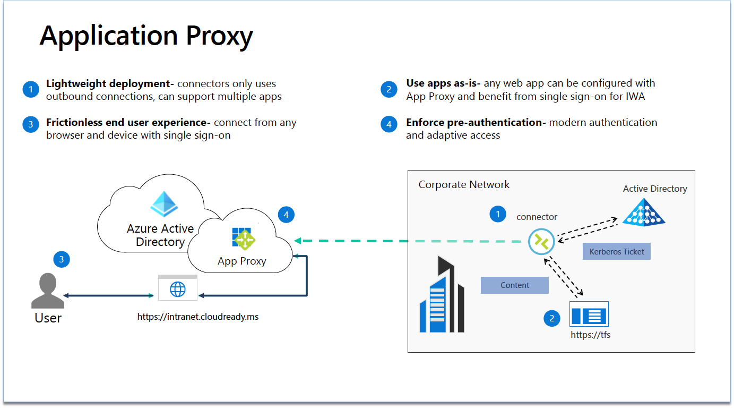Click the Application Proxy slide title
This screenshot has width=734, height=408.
pyautogui.click(x=146, y=36)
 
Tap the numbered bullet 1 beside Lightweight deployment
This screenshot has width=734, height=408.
pyautogui.click(x=31, y=90)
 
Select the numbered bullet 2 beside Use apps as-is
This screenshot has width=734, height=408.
pyautogui.click(x=389, y=90)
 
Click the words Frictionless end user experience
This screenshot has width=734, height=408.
pyautogui.click(x=128, y=123)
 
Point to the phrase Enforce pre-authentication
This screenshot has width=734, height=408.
pyautogui.click(x=476, y=123)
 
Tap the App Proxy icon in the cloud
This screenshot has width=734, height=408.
pyautogui.click(x=244, y=239)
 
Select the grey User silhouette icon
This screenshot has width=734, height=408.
pyautogui.click(x=48, y=291)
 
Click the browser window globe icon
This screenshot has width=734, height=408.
pyautogui.click(x=178, y=288)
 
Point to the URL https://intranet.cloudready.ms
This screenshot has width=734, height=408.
pyautogui.click(x=198, y=317)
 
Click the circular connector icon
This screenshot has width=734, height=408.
pyautogui.click(x=541, y=242)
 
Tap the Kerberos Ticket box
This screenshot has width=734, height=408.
pyautogui.click(x=616, y=252)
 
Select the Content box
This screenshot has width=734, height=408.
pyautogui.click(x=514, y=285)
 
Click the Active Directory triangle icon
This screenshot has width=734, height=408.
pyautogui.click(x=643, y=213)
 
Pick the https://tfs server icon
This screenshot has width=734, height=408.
pyautogui.click(x=589, y=314)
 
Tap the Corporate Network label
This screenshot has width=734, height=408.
pyautogui.click(x=464, y=185)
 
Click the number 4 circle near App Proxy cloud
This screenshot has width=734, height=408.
pyautogui.click(x=286, y=215)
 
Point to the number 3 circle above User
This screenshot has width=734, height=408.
pyautogui.click(x=62, y=259)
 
